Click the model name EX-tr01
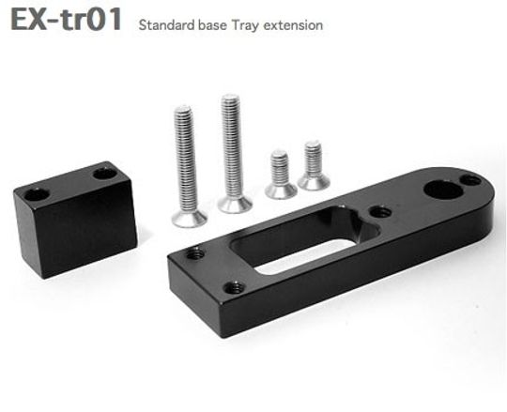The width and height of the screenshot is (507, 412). [x=67, y=19]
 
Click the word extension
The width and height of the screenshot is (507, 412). [x=293, y=25]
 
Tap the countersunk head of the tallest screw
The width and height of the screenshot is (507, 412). [x=235, y=204]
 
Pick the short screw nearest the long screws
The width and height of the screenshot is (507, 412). [x=281, y=175]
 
